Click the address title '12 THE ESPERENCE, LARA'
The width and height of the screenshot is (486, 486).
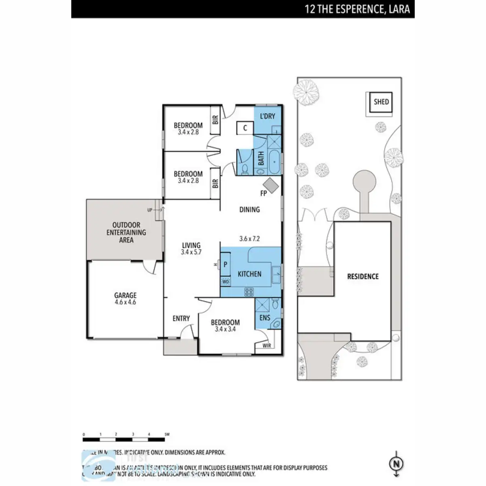coord(357,9)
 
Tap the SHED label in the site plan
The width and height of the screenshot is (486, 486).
coord(381,102)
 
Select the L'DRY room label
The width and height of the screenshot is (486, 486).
coord(267,116)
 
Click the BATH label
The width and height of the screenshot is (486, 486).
coord(261,158)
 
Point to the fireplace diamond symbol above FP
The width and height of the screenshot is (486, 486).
coord(271,184)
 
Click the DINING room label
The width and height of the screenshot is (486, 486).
coord(249,209)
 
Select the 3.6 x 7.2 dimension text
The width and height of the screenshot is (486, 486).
coord(249,239)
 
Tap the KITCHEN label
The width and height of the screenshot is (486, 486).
coord(249,274)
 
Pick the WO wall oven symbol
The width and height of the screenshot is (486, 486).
coord(226,281)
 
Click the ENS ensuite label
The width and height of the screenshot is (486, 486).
coord(264,318)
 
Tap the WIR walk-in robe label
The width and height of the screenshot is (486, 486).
coord(266,345)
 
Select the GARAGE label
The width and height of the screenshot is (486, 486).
coord(125,296)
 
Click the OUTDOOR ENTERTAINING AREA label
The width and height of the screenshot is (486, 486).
coord(126,232)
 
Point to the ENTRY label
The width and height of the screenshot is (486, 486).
coord(181,319)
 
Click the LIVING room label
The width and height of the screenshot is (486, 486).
coord(191,245)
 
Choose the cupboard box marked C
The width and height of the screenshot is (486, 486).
coord(245,128)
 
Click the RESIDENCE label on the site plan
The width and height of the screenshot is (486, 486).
coord(363,277)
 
